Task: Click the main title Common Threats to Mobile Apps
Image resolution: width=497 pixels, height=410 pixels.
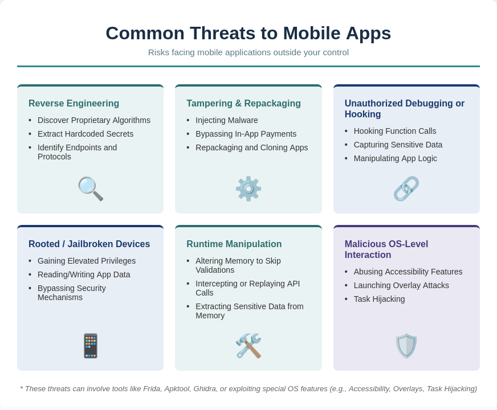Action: [x=248, y=33]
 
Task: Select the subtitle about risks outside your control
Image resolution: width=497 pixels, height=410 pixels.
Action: [x=248, y=52]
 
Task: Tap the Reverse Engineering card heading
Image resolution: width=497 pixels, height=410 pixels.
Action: [x=74, y=104]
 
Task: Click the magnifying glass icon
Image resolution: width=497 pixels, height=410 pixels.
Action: [x=90, y=188]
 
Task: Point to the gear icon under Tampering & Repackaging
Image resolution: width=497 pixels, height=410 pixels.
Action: [x=248, y=188]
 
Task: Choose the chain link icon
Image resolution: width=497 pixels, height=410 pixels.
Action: [x=406, y=188]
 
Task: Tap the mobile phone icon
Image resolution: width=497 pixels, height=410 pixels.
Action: [x=90, y=346]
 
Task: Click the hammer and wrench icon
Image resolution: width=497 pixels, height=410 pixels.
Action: [x=248, y=346]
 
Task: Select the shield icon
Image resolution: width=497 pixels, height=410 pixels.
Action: [x=406, y=346]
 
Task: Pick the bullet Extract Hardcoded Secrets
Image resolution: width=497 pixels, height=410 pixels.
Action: [x=85, y=134]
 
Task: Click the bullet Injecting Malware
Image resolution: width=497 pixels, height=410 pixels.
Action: [x=227, y=120]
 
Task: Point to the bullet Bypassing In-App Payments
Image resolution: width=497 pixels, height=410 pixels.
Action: [x=246, y=134]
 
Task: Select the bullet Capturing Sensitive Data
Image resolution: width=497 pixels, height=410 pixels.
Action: [x=398, y=145]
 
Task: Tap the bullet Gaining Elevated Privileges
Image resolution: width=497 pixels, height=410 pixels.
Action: [x=87, y=261]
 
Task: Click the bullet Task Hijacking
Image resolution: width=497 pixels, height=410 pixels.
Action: [x=379, y=299]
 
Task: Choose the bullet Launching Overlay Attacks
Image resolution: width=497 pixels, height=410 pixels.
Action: [x=401, y=285]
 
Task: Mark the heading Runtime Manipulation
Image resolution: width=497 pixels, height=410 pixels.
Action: [x=234, y=244]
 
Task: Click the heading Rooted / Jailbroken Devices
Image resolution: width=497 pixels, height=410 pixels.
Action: [x=89, y=244]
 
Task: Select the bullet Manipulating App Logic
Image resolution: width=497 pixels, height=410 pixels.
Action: [x=395, y=158]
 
